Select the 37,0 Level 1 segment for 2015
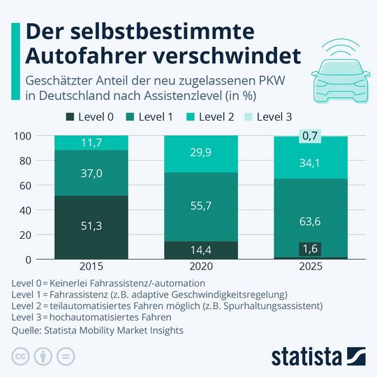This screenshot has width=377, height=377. pos(90,172)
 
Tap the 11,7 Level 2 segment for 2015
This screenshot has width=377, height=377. pos(90,143)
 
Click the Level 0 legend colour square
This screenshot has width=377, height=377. pos(71,117)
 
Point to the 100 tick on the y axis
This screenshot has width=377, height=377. pos(24,136)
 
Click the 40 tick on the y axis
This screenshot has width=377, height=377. pos(27,210)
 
